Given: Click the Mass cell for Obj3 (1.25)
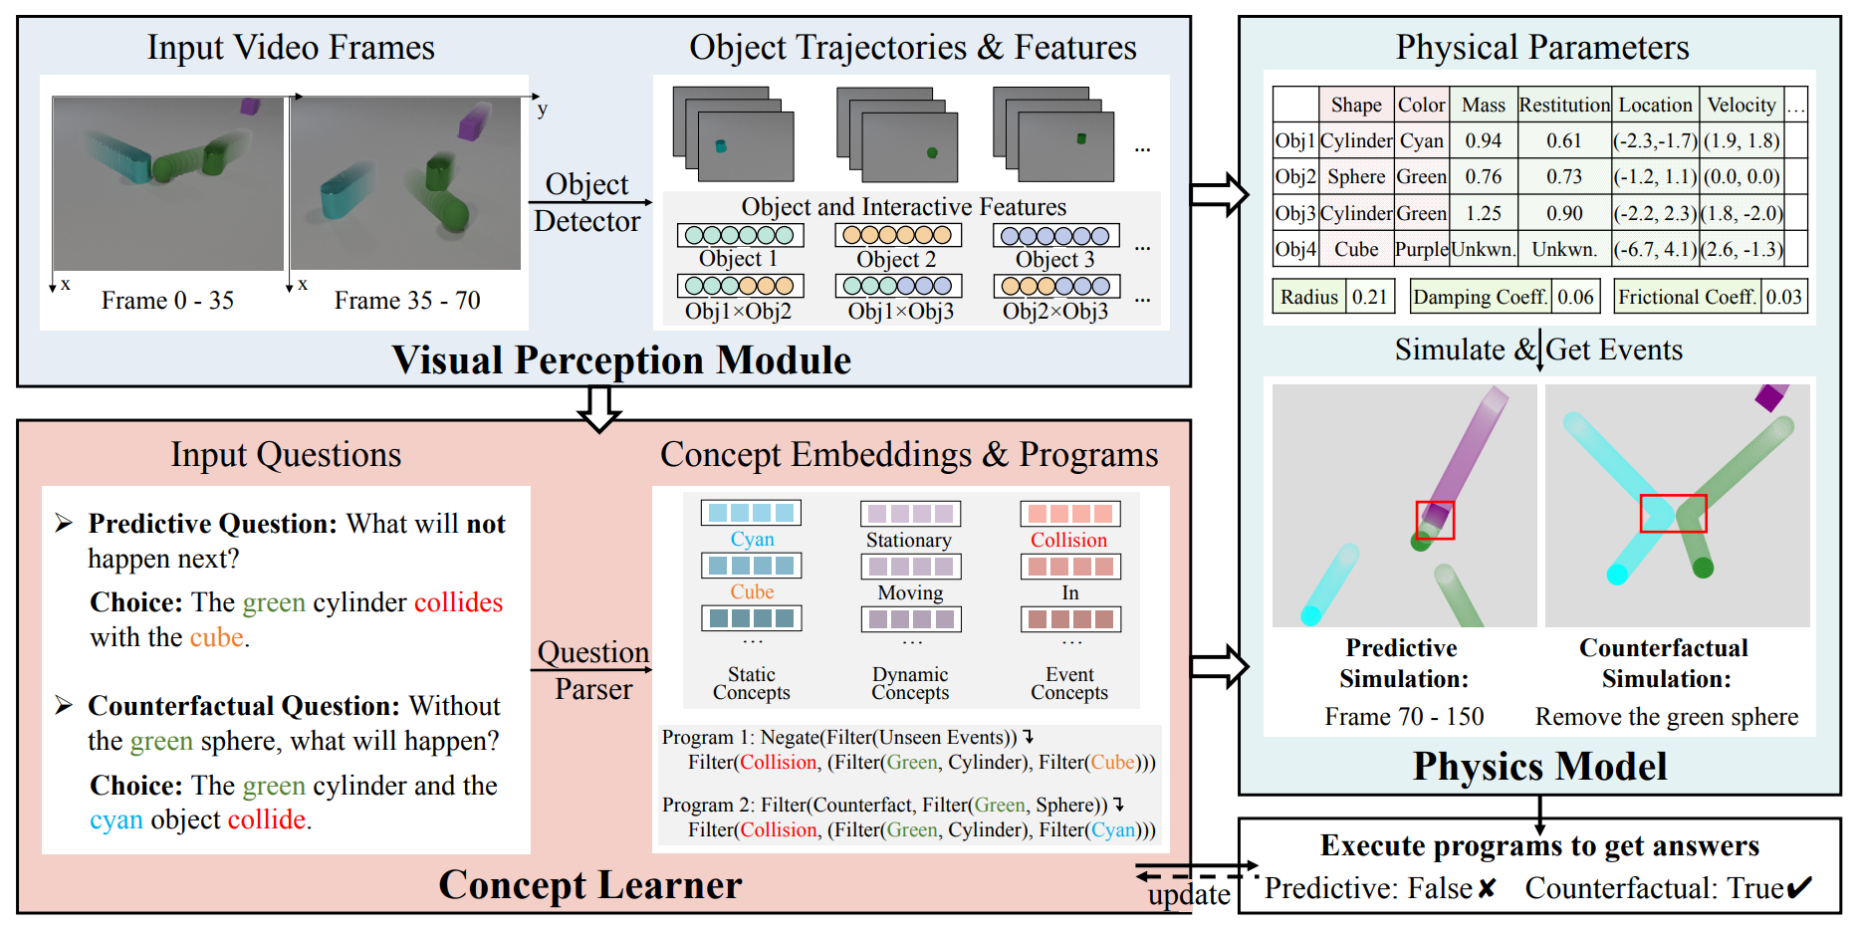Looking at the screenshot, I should point(1483,213).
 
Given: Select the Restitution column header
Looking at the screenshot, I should point(1563,105).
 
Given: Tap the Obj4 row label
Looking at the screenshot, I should point(1294,249).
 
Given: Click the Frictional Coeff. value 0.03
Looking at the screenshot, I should point(1783,297).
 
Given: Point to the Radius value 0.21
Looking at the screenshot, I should point(1369,297).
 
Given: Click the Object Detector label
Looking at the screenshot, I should point(586,202).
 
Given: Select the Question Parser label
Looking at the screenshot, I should point(593,670).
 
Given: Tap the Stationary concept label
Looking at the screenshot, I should point(908,540).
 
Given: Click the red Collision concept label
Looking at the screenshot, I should point(1068,540).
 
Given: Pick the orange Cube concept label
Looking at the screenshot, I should point(752,591).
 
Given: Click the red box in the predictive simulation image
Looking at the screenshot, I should point(1435,520).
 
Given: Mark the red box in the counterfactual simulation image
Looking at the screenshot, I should point(1673,514).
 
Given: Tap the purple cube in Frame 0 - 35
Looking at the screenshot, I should point(249,106).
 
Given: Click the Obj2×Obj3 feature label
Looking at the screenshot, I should point(1054,312).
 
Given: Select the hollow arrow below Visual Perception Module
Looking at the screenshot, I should point(600,407).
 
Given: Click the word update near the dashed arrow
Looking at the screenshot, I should point(1188,894).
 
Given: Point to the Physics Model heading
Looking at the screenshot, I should point(1539,766).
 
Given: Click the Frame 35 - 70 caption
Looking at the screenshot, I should point(407,301).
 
